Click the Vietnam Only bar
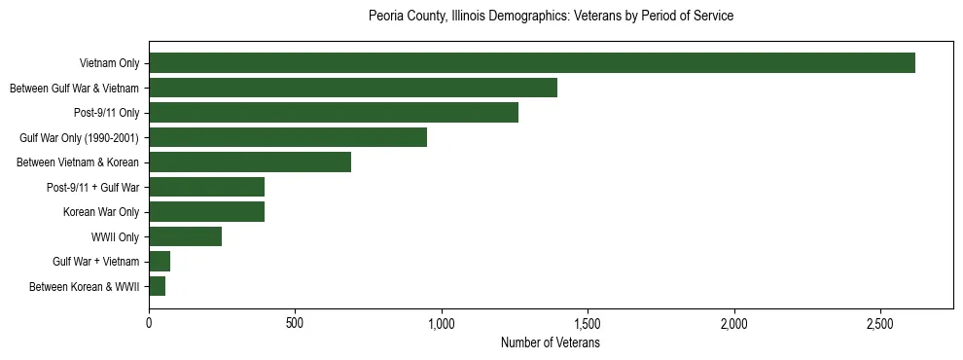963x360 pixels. tap(532, 63)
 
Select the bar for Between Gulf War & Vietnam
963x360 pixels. tap(353, 89)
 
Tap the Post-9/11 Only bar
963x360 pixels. tap(334, 113)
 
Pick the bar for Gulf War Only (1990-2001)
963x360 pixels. tap(288, 137)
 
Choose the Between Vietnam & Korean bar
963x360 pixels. tap(250, 162)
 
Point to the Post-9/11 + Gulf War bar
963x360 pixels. tap(206, 187)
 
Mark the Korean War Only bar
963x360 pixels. tap(206, 212)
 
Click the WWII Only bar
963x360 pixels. tap(185, 236)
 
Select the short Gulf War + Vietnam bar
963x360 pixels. tap(160, 261)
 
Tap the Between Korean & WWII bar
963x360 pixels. tap(157, 286)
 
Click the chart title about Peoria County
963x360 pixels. tap(551, 17)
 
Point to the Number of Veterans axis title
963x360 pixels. tap(551, 343)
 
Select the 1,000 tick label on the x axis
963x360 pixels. tap(442, 324)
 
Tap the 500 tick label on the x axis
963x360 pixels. tap(295, 324)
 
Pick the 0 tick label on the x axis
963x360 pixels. tap(149, 324)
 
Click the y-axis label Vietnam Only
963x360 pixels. tap(109, 64)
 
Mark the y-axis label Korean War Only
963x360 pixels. tap(101, 212)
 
